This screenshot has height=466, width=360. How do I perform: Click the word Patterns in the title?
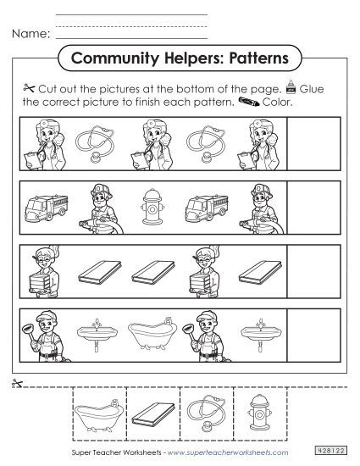pos(253,59)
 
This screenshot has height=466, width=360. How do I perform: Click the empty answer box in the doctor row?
pos(313,139)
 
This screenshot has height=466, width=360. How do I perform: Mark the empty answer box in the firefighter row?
pos(313,204)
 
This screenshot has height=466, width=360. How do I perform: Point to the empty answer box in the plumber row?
pos(313,336)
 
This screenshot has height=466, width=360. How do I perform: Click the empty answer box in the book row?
pos(313,269)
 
